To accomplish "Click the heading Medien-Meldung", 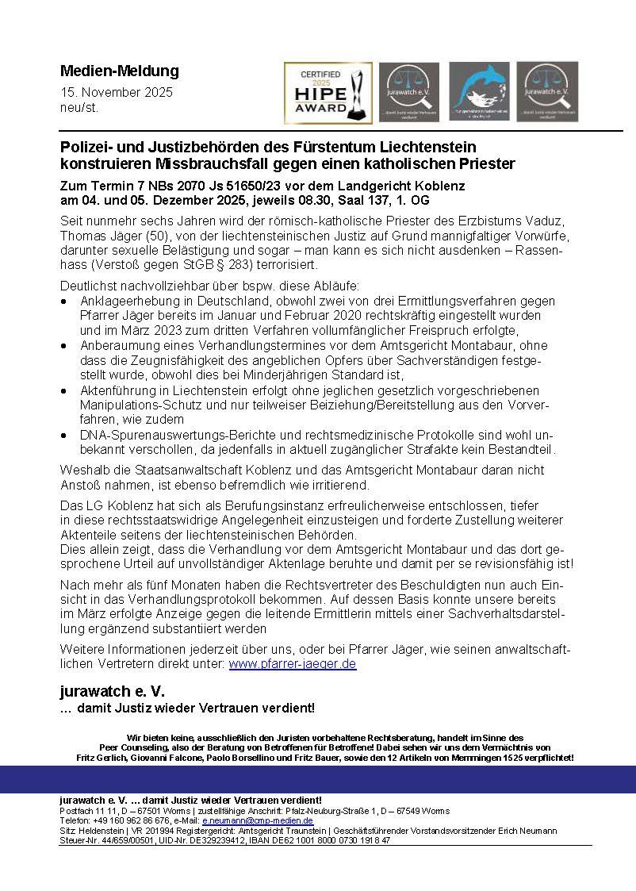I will (x=120, y=71).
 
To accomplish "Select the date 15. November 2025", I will (x=117, y=92).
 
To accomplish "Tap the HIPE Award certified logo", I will (x=328, y=93).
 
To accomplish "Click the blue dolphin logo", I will (x=480, y=92).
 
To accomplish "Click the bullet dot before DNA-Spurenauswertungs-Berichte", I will (x=64, y=436).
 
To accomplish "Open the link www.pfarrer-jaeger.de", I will (x=293, y=663).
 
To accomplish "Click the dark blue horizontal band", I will (x=318, y=779).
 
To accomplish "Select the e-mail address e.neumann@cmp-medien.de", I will (x=258, y=820).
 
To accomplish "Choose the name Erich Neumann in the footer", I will (x=531, y=830).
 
